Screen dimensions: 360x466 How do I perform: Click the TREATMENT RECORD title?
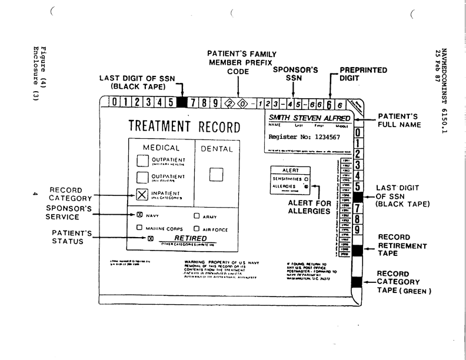[184, 127]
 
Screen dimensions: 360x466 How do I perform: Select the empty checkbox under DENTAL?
[217, 174]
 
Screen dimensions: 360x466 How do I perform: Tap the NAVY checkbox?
[140, 215]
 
